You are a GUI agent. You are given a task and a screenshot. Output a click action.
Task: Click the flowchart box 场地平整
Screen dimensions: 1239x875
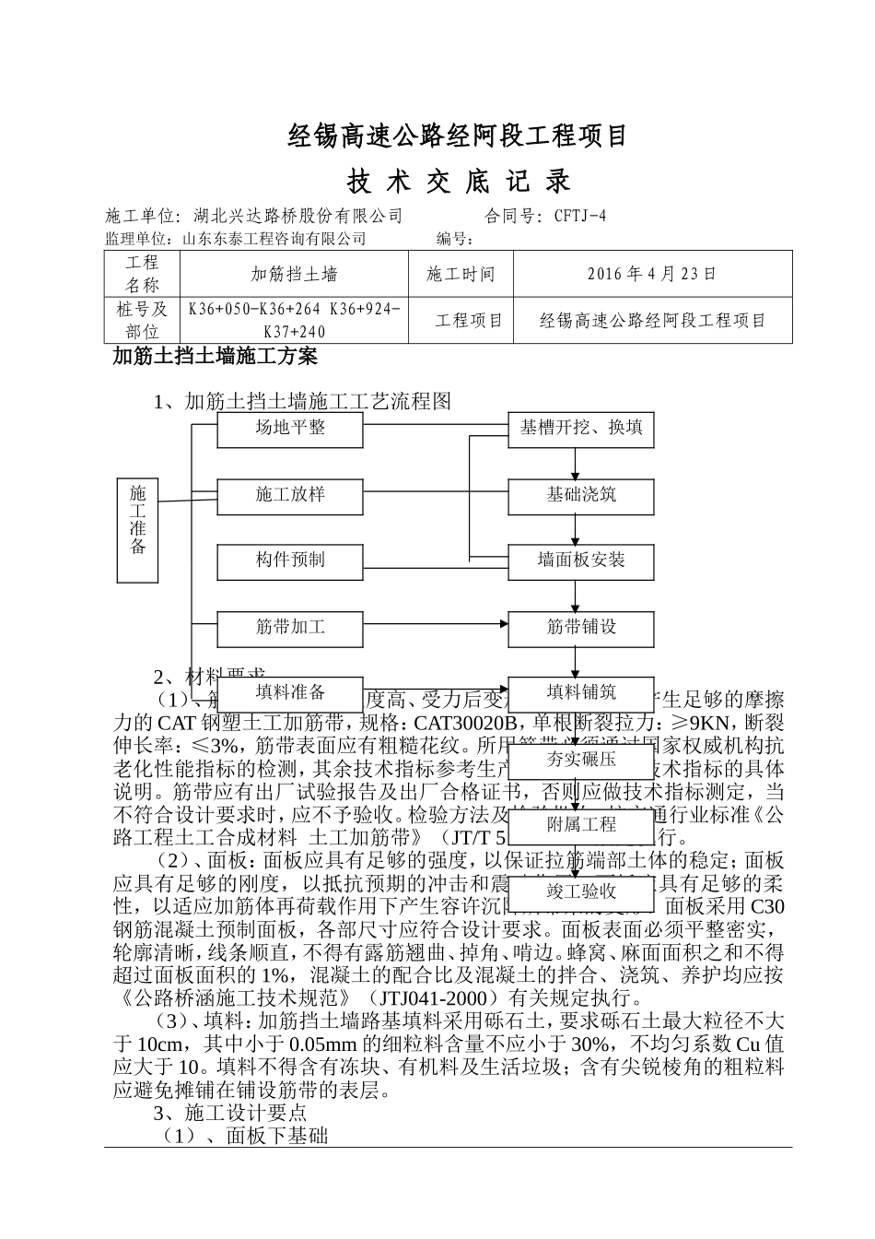(x=290, y=429)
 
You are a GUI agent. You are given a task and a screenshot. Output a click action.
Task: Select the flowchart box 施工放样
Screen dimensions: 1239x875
(x=290, y=495)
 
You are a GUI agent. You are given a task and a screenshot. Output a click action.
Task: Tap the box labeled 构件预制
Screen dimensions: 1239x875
(x=290, y=560)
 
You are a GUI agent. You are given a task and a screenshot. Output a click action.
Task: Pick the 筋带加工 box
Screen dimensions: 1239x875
(x=290, y=628)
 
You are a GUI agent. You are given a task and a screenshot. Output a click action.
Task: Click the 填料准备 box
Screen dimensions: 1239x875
(x=290, y=693)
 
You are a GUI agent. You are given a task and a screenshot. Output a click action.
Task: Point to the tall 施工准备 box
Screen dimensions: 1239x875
(x=138, y=530)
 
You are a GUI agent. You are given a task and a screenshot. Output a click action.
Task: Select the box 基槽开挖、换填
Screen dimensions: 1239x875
(x=581, y=429)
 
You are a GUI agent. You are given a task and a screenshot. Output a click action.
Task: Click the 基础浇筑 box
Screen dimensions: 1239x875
(x=581, y=495)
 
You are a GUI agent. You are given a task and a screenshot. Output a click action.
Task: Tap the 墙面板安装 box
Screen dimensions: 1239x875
(x=581, y=560)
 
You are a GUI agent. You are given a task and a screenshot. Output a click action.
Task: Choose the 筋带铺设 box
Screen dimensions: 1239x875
(x=581, y=628)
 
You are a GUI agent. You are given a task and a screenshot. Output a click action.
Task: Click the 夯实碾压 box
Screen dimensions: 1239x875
(x=581, y=760)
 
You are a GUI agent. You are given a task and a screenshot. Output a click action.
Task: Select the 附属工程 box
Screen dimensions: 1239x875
(x=581, y=825)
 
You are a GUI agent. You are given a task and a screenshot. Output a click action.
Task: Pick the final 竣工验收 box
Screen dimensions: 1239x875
(x=581, y=892)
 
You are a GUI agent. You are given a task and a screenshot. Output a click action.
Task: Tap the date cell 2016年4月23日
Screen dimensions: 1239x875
(x=651, y=274)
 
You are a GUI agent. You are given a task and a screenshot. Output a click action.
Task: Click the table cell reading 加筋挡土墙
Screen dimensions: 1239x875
(x=294, y=274)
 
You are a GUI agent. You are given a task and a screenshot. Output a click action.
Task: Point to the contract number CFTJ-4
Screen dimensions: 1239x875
(x=580, y=217)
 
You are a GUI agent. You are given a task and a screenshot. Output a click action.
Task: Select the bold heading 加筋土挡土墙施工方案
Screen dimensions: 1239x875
(x=215, y=356)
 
